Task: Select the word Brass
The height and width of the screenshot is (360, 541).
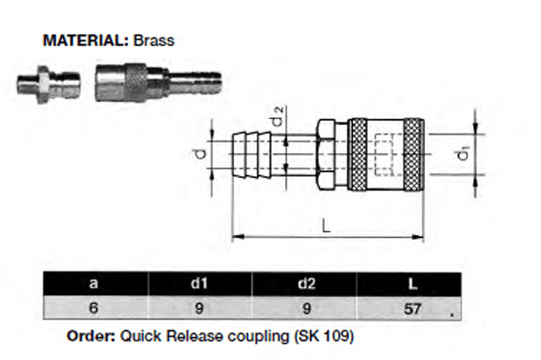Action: (152, 42)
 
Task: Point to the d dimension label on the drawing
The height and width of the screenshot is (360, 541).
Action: (199, 153)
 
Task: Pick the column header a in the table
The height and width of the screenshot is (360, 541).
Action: (94, 283)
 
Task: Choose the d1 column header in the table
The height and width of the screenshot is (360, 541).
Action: (199, 283)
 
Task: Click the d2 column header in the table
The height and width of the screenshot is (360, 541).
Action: (304, 283)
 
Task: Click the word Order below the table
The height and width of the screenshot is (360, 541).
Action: (90, 335)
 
